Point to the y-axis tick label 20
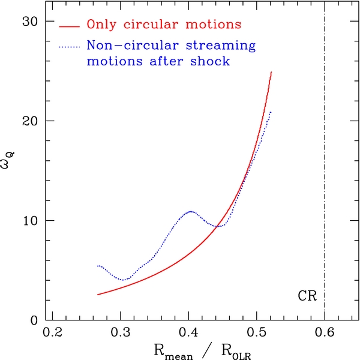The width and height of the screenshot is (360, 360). (29, 121)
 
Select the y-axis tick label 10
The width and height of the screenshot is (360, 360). (30, 221)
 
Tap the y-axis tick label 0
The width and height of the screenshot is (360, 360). (34, 320)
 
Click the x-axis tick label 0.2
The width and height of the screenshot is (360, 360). (53, 332)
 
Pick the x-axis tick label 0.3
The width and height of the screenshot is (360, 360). (121, 332)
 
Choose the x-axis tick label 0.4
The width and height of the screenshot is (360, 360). (188, 332)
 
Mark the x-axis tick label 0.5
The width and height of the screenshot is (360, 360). (256, 332)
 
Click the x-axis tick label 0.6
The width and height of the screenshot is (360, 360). (325, 332)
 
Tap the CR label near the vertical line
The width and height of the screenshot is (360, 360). (307, 296)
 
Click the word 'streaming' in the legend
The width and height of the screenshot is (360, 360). (221, 45)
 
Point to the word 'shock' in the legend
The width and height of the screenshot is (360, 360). (211, 61)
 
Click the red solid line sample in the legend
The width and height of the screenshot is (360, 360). (70, 26)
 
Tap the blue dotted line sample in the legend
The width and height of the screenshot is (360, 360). (70, 47)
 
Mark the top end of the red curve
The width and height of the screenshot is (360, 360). (271, 72)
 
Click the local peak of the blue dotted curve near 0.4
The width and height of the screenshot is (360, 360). (191, 211)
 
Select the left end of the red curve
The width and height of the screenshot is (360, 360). (98, 295)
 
